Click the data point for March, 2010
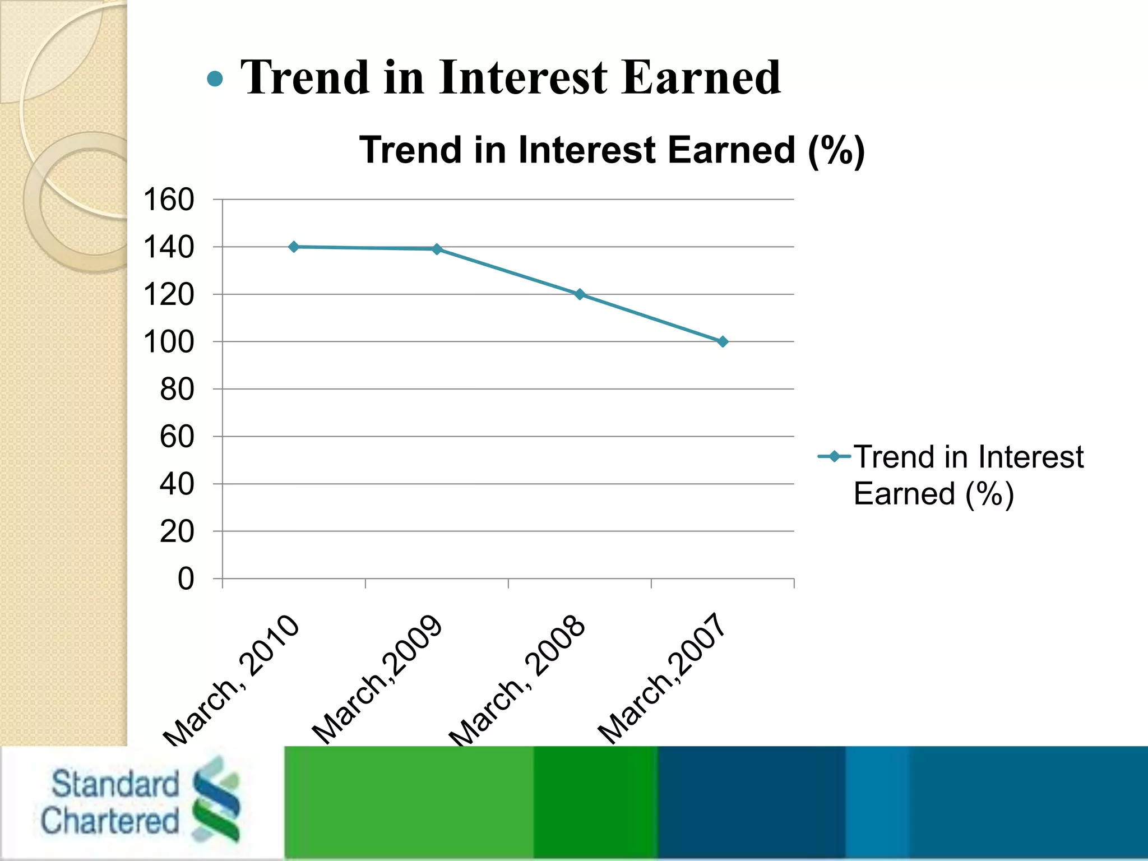tap(294, 247)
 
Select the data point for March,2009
tap(437, 249)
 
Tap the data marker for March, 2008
tap(580, 294)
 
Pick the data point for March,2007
tap(723, 341)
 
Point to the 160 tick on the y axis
tap(169, 200)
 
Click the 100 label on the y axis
tap(169, 342)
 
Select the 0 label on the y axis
tap(186, 578)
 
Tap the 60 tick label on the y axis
tap(177, 437)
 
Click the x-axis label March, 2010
tap(232, 681)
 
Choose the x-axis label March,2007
tap(662, 678)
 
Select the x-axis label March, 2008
tap(517, 681)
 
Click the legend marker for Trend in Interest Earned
tap(835, 456)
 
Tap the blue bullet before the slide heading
tap(215, 78)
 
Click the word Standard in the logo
tap(115, 784)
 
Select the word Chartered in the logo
tap(109, 821)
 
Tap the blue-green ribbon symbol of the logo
tap(216, 799)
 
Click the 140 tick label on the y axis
tap(169, 247)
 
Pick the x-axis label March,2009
tap(377, 679)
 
